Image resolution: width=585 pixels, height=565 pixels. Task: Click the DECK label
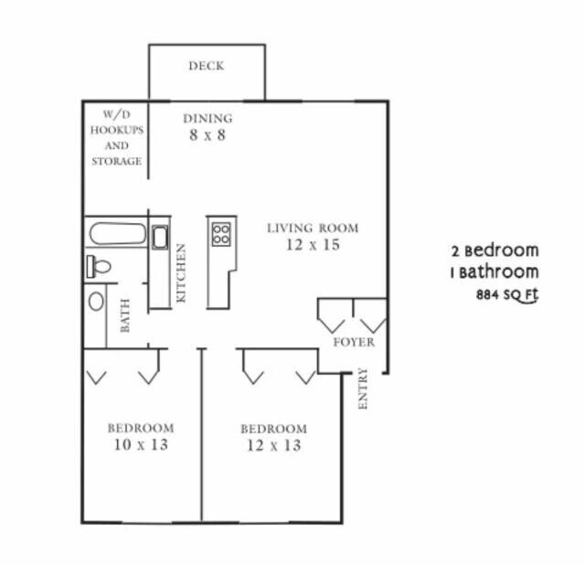[x=207, y=66]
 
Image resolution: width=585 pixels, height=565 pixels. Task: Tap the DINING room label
[x=207, y=118]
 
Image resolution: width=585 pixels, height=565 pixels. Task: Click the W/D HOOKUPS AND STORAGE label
[x=116, y=138]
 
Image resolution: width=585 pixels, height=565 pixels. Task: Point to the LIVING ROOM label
[x=313, y=228]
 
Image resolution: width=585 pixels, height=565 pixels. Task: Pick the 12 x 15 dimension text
[x=313, y=245]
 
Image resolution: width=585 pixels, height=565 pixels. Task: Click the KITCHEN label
[x=181, y=273]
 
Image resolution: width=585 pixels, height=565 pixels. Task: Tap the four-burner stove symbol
[x=221, y=233]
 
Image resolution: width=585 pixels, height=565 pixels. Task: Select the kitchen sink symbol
[x=159, y=238]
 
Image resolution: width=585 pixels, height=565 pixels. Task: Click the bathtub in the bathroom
[x=118, y=233]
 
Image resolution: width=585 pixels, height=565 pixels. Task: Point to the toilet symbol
[x=99, y=267]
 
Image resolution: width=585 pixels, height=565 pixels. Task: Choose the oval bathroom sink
[x=96, y=301]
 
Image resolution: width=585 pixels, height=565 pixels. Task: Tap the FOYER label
[x=353, y=343]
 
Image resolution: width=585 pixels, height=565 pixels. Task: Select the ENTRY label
[x=363, y=388]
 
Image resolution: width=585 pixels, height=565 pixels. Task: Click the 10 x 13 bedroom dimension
[x=140, y=445]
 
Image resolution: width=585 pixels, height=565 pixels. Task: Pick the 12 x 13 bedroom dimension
[x=273, y=446]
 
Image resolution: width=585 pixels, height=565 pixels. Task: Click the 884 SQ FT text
[x=507, y=295]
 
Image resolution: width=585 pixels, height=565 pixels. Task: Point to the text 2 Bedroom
[x=495, y=251]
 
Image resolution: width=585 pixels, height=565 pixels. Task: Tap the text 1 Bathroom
[x=495, y=272]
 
